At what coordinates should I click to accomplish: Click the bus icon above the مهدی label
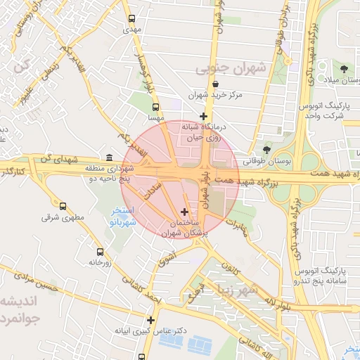(x=131, y=19)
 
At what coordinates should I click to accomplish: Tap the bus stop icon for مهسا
(x=155, y=108)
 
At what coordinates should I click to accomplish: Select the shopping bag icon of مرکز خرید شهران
(x=215, y=84)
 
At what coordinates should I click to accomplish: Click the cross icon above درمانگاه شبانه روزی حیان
(x=203, y=116)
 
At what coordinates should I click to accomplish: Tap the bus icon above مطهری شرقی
(x=63, y=207)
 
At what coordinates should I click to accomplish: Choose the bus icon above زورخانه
(x=99, y=251)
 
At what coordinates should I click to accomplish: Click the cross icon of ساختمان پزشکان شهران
(x=184, y=212)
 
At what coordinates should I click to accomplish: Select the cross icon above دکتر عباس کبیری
(x=150, y=320)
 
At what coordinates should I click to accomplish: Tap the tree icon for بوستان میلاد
(x=343, y=69)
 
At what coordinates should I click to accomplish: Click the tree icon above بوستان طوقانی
(x=266, y=150)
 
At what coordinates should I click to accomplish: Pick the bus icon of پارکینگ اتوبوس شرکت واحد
(x=343, y=106)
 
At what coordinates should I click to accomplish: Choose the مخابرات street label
(x=240, y=228)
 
